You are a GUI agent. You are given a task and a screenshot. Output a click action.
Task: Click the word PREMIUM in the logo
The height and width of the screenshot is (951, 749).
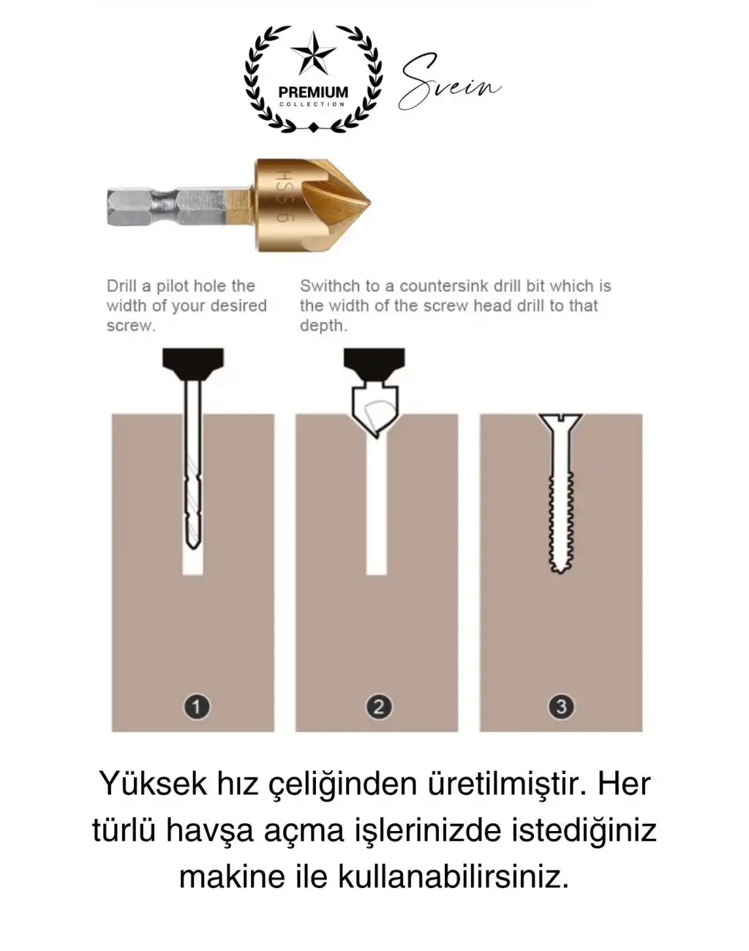(x=313, y=92)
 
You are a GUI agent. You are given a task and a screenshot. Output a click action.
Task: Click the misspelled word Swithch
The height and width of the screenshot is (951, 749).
(x=329, y=286)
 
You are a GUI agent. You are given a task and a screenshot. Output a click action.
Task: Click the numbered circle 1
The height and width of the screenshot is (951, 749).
(x=196, y=707)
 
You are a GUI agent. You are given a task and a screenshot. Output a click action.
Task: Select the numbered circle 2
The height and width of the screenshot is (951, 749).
(x=378, y=707)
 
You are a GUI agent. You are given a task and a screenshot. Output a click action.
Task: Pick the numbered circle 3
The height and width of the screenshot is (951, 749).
(x=561, y=707)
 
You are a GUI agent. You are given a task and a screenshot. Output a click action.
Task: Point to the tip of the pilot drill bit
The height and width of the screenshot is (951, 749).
(x=192, y=544)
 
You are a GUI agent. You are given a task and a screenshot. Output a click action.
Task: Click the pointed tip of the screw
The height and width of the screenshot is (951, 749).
(x=560, y=569)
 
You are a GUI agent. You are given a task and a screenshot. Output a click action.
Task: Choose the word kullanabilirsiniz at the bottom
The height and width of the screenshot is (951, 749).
(x=453, y=876)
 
